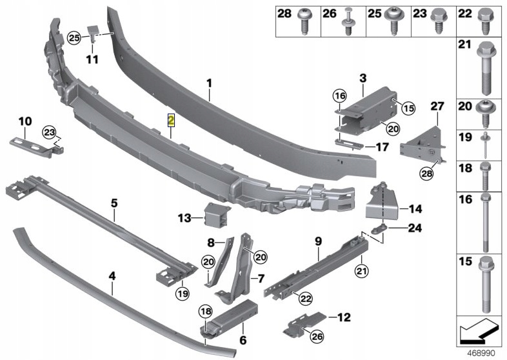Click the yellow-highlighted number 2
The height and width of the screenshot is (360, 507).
[x=171, y=120]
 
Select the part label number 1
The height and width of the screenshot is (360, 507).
[x=209, y=83]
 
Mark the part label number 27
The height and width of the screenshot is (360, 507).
[x=437, y=106]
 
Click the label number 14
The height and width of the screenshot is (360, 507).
[x=414, y=209]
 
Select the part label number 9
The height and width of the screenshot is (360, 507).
[x=317, y=241]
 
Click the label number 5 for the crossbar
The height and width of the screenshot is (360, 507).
[x=114, y=203]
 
